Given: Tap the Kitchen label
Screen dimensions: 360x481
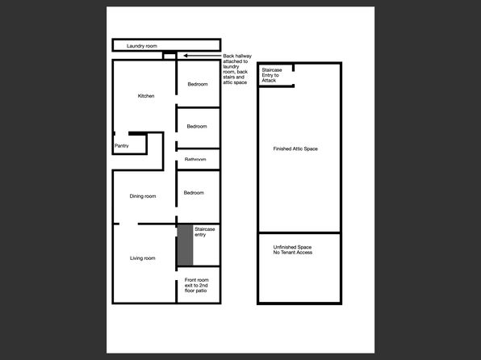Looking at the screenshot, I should click(146, 96).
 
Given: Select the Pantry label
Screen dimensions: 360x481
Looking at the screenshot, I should click(122, 146).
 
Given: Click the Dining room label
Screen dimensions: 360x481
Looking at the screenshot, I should click(143, 196).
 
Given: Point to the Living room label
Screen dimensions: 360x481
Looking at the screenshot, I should click(143, 258).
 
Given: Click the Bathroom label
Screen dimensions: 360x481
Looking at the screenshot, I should click(195, 160).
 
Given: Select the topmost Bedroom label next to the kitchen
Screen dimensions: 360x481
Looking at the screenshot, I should click(199, 84).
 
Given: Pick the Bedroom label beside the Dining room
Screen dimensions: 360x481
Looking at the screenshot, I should click(194, 193).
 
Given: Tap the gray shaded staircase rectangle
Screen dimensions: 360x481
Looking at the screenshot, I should click(185, 245).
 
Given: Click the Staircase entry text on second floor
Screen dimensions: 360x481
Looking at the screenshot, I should click(205, 232).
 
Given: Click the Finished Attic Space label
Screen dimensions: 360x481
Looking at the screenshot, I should click(295, 149).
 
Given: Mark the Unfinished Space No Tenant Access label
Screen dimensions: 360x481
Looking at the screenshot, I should click(292, 249).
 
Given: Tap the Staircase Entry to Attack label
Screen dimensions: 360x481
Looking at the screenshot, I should click(272, 75).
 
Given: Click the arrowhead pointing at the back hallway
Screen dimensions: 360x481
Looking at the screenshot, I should click(185, 56).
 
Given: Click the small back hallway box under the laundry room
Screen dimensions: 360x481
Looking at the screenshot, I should click(169, 55).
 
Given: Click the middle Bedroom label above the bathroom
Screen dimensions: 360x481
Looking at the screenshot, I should click(197, 126).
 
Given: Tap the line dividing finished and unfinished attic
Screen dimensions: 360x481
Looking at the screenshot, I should click(299, 233).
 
